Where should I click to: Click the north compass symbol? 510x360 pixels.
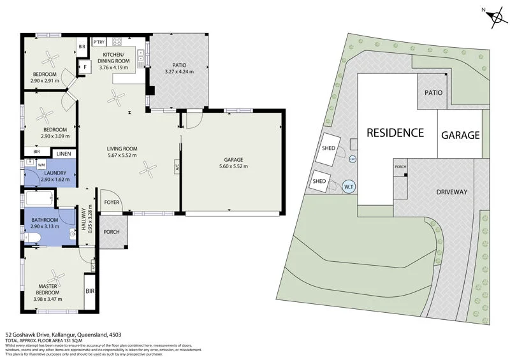pos(494,19)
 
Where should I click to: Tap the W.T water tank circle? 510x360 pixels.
pos(349,187)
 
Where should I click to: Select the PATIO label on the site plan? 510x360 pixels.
pos(433,92)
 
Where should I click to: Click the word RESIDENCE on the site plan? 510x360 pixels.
pos(395,133)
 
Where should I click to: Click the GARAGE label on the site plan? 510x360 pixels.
pos(460,135)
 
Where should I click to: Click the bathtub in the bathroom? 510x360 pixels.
pos(42,199)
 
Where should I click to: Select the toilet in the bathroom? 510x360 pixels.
pos(31,239)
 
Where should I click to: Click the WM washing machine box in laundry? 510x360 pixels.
pos(41,165)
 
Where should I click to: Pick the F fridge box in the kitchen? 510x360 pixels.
pos(84,67)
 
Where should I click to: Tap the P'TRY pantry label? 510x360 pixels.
pos(99,42)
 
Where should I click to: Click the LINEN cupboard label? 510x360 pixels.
pos(63,154)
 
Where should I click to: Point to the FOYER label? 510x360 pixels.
pos(112,203)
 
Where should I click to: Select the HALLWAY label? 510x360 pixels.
pos(83,220)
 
